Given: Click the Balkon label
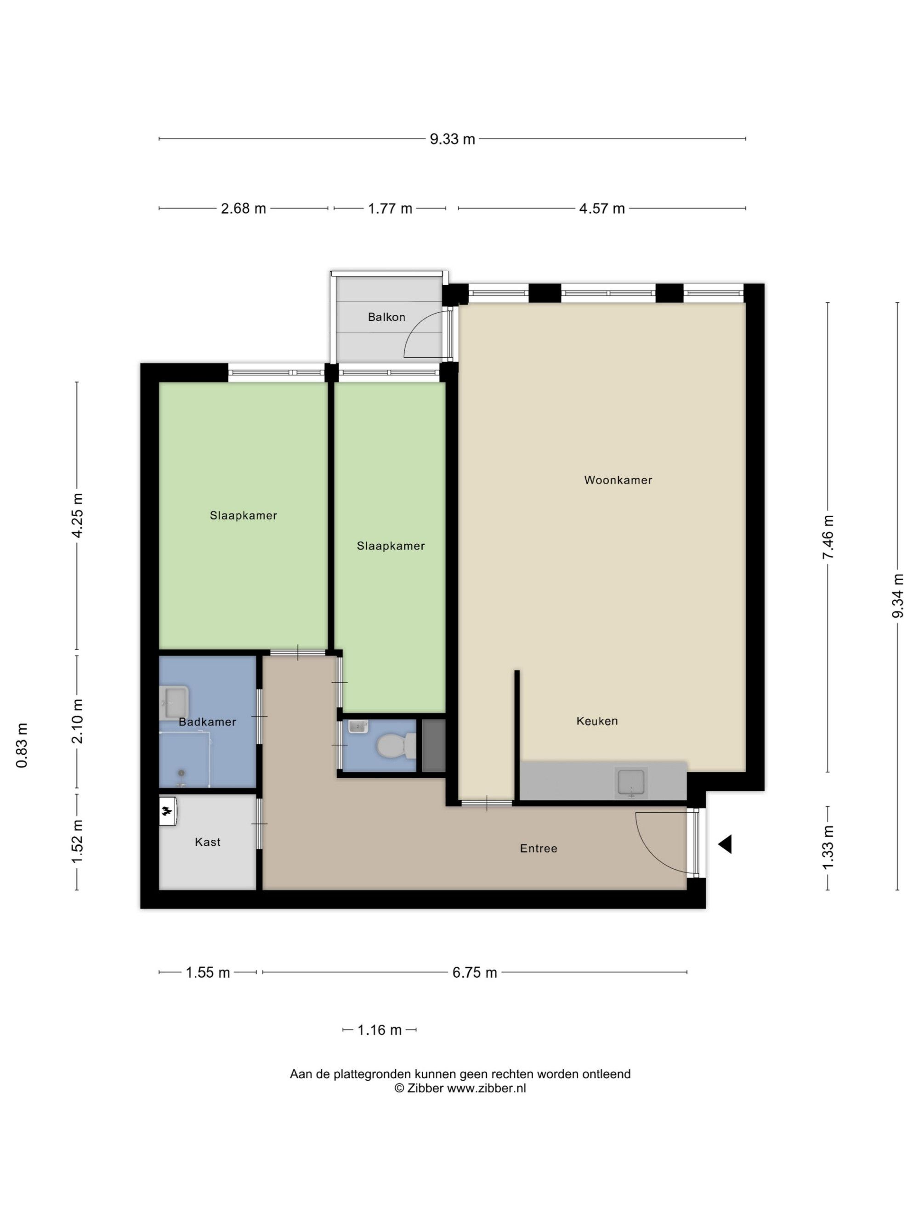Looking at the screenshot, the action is click(x=386, y=317).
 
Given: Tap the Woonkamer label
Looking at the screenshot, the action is click(x=618, y=480).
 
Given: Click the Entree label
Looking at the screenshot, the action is click(x=538, y=848).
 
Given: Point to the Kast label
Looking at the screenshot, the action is click(x=208, y=842).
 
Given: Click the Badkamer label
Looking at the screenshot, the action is click(x=207, y=722).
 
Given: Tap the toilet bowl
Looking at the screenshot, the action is click(x=396, y=746).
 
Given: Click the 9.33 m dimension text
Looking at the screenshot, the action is click(x=452, y=139).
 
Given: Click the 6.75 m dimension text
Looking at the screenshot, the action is click(x=474, y=973).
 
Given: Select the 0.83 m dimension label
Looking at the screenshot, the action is click(x=22, y=746).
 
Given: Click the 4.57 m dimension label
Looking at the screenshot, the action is click(x=601, y=208).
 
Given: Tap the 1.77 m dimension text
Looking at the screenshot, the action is click(x=390, y=208).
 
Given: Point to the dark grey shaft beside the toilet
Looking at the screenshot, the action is click(x=434, y=746).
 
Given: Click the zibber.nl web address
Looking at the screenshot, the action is click(x=486, y=1088).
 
